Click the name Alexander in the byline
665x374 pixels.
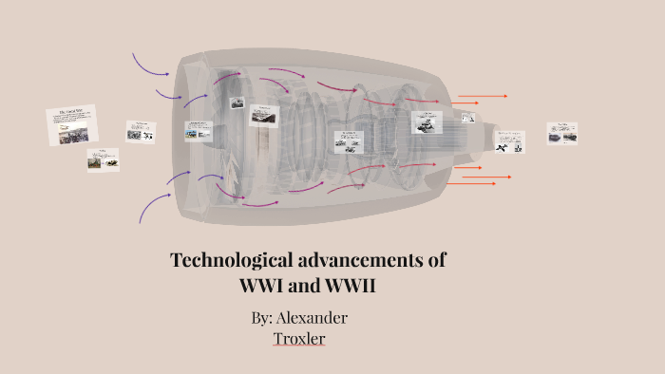pyautogui.click(x=313, y=317)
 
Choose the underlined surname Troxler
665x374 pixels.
pyautogui.click(x=299, y=337)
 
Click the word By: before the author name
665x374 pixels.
pyautogui.click(x=263, y=317)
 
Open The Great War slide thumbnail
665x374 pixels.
pyautogui.click(x=72, y=124)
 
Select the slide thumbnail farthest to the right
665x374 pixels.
pyautogui.click(x=562, y=134)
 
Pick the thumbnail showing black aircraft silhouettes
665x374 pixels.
pyautogui.click(x=510, y=142)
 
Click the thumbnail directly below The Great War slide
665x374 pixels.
pyautogui.click(x=103, y=159)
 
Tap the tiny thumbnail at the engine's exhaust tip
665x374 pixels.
pyautogui.click(x=468, y=118)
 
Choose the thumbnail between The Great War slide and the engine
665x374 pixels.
pyautogui.click(x=141, y=131)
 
